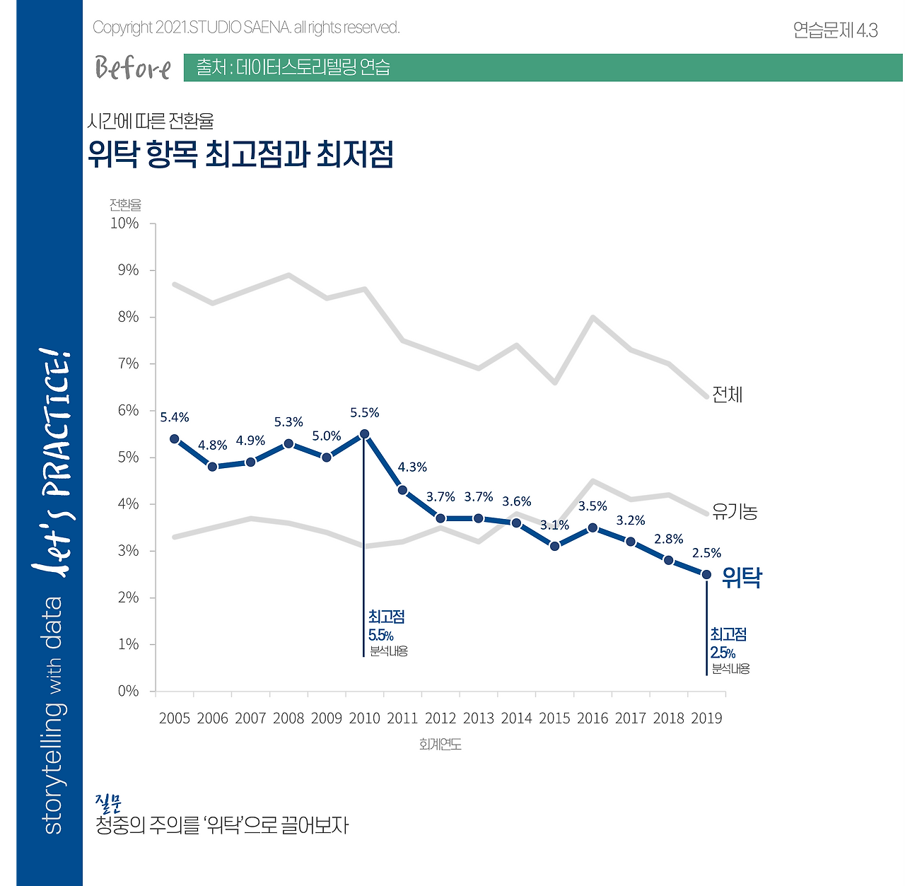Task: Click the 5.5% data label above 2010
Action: tap(365, 413)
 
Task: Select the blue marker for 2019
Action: tap(706, 574)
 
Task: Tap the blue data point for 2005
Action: tap(175, 438)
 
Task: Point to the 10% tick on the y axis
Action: tap(124, 223)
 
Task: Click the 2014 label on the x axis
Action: tap(516, 718)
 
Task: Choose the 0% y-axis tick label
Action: tap(128, 691)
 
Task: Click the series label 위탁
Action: tap(742, 578)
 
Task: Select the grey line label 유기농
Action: tap(735, 511)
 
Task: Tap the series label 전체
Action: tap(728, 395)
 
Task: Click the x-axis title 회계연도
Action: tap(440, 745)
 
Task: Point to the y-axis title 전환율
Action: tap(125, 205)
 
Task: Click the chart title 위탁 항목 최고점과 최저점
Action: tap(240, 153)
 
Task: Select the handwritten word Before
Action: tap(133, 69)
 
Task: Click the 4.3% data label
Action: tap(412, 467)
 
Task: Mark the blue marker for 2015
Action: tap(555, 546)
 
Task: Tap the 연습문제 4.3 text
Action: tap(835, 30)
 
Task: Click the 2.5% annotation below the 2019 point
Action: tap(723, 653)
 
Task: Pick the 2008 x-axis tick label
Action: tap(288, 718)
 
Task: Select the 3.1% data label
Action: tap(554, 525)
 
